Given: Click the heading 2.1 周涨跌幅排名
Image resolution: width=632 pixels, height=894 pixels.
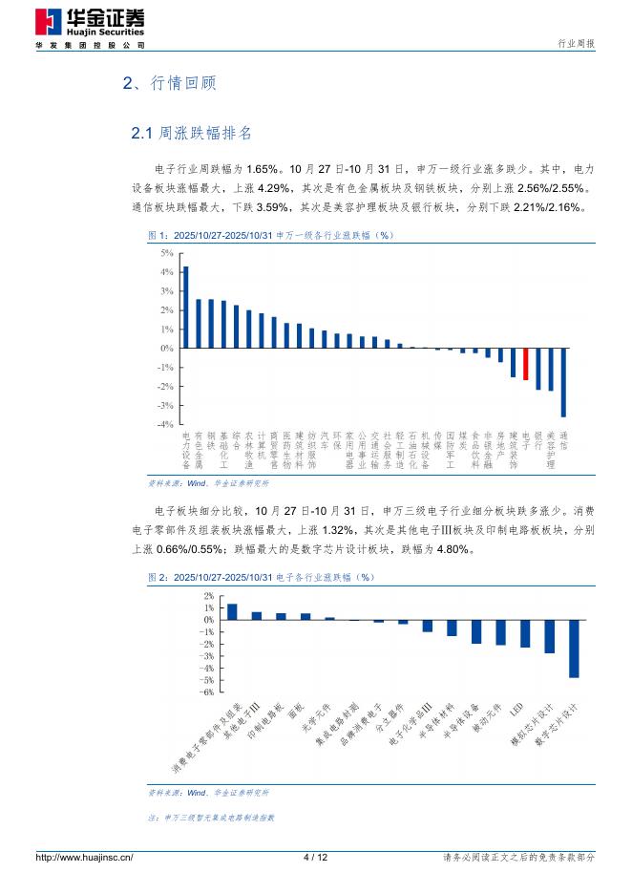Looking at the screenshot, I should click(x=192, y=132).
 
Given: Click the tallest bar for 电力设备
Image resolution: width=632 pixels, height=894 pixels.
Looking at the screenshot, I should click(x=185, y=307).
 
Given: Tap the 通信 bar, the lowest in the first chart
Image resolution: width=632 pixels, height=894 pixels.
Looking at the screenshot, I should click(x=563, y=382).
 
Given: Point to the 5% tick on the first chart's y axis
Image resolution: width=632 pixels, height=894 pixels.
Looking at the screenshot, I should click(x=166, y=253).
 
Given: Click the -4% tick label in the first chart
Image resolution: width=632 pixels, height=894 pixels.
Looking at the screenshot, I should click(x=164, y=423).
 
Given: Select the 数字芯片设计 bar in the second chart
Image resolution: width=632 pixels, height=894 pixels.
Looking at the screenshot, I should click(x=574, y=649).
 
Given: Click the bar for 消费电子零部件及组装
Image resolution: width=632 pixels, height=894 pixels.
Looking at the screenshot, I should click(x=232, y=611).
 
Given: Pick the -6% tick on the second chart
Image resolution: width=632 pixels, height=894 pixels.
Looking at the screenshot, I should click(x=207, y=691).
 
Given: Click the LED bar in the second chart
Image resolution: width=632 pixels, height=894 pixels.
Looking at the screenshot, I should click(x=524, y=633).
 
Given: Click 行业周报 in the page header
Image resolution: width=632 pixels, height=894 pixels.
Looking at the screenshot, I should click(x=576, y=43).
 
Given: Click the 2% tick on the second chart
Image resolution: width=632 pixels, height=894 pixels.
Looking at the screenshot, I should click(x=208, y=595).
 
